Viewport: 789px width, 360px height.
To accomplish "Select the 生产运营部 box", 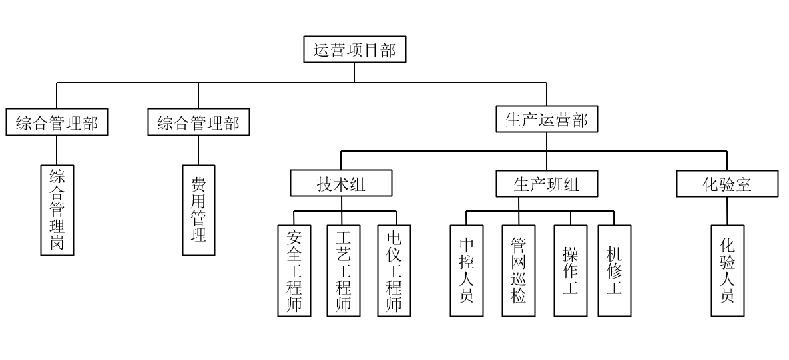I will [x=547, y=120].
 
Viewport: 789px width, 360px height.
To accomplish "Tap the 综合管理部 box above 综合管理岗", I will [x=57, y=123].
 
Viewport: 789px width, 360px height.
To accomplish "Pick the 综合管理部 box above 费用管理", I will [x=198, y=123].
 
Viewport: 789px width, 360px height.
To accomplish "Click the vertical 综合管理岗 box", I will [x=57, y=210].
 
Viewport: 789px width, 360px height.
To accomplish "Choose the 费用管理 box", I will [x=198, y=210].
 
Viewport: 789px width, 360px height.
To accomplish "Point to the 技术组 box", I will [x=341, y=184].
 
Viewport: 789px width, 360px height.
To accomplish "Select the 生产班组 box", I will [x=547, y=184].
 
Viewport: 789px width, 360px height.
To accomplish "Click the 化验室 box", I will [x=727, y=184].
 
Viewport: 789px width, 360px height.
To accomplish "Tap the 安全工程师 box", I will [x=294, y=271].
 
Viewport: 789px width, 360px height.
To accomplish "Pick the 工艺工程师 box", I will [x=344, y=271].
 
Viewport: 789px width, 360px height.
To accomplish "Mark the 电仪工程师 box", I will [x=394, y=271].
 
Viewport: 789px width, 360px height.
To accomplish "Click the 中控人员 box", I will [x=467, y=271].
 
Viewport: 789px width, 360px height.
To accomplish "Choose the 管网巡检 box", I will [x=519, y=271].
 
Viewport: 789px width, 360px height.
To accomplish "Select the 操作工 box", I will [x=571, y=271].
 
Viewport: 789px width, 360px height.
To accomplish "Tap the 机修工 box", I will [x=614, y=271].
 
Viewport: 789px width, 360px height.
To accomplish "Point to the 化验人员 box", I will [x=727, y=271].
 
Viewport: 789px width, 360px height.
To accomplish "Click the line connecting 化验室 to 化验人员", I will [x=727, y=210].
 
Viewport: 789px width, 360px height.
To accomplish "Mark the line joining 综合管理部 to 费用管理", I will [x=198, y=150].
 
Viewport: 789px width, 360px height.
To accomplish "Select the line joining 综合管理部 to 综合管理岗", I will [x=57, y=150].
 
